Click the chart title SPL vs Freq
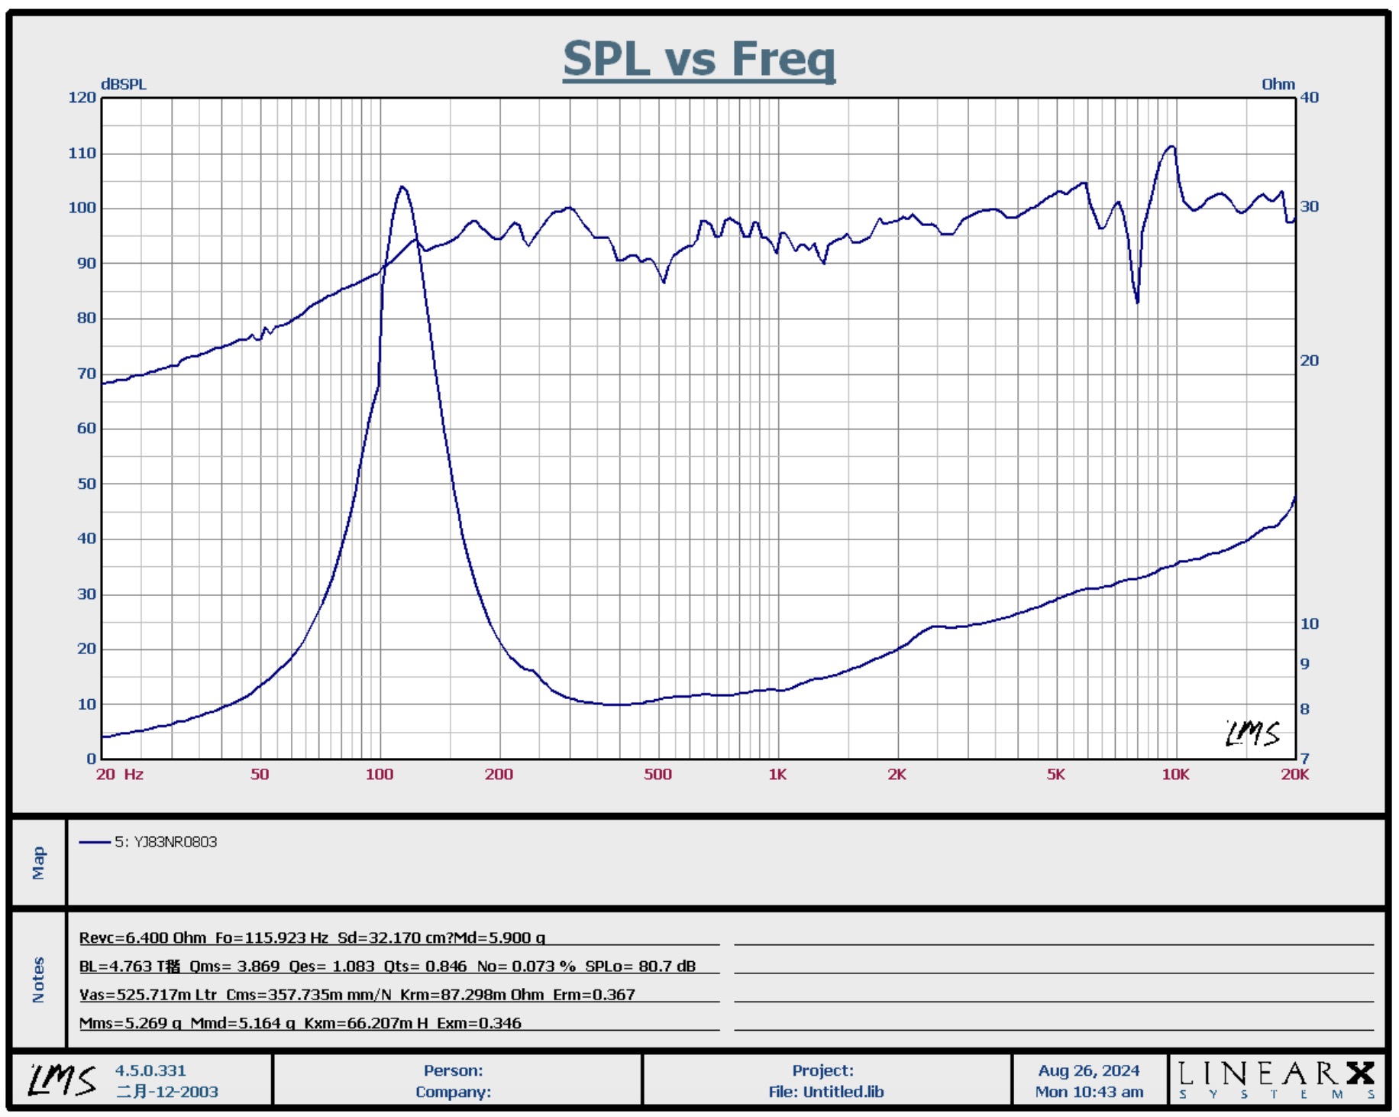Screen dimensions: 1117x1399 699,59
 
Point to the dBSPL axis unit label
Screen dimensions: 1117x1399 123,84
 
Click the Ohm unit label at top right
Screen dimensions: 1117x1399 1278,84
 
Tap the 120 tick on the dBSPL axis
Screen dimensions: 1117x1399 82,97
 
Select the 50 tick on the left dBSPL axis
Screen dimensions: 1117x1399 86,484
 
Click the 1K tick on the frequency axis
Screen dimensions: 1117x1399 777,774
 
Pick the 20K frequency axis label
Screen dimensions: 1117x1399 1294,774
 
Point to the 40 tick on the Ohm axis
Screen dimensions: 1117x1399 1310,97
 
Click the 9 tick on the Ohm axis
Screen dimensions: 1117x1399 1305,664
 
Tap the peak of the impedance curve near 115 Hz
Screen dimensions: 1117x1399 402,187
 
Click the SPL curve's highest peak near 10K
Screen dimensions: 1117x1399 1171,147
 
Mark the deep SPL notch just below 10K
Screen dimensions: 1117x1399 1137,302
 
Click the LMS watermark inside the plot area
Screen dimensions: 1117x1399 1252,733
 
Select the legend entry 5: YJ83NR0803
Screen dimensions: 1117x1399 166,842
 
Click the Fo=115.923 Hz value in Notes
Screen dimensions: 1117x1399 271,937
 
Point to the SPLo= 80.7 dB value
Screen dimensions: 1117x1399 640,966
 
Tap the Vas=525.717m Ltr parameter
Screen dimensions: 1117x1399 148,994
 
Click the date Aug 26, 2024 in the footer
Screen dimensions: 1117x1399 1088,1070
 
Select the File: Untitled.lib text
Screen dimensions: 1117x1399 826,1092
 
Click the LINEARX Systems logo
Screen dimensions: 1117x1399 1276,1078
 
